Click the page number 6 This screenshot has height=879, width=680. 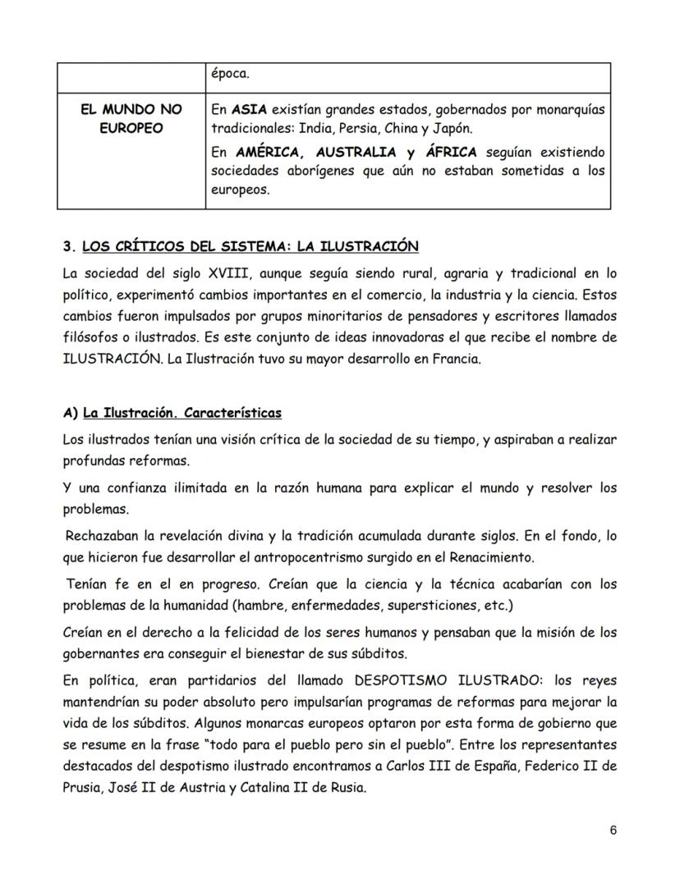coord(613,830)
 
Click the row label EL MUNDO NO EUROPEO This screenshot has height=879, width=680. coord(132,119)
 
